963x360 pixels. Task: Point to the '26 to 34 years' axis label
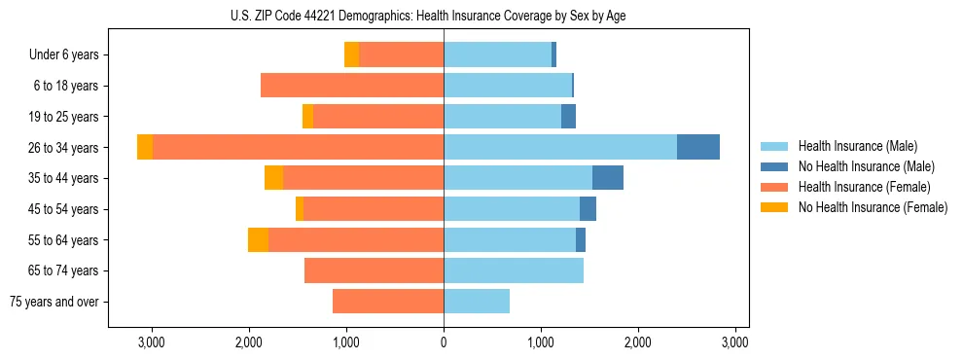click(64, 148)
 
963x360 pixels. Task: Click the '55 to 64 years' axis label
click(64, 240)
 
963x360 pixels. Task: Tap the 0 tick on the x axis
click(444, 342)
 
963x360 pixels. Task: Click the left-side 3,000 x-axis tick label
click(152, 342)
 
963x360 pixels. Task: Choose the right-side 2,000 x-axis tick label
click(638, 342)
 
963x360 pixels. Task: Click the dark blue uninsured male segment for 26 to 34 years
click(698, 147)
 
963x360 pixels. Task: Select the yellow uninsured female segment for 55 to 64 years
click(258, 240)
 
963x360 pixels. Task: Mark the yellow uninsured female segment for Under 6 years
click(351, 54)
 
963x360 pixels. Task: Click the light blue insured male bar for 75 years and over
click(477, 302)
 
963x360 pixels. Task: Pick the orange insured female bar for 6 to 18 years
click(352, 86)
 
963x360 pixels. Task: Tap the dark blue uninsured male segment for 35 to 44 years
click(607, 178)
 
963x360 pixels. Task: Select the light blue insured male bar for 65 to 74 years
click(514, 270)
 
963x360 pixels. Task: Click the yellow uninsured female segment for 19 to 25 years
click(307, 117)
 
